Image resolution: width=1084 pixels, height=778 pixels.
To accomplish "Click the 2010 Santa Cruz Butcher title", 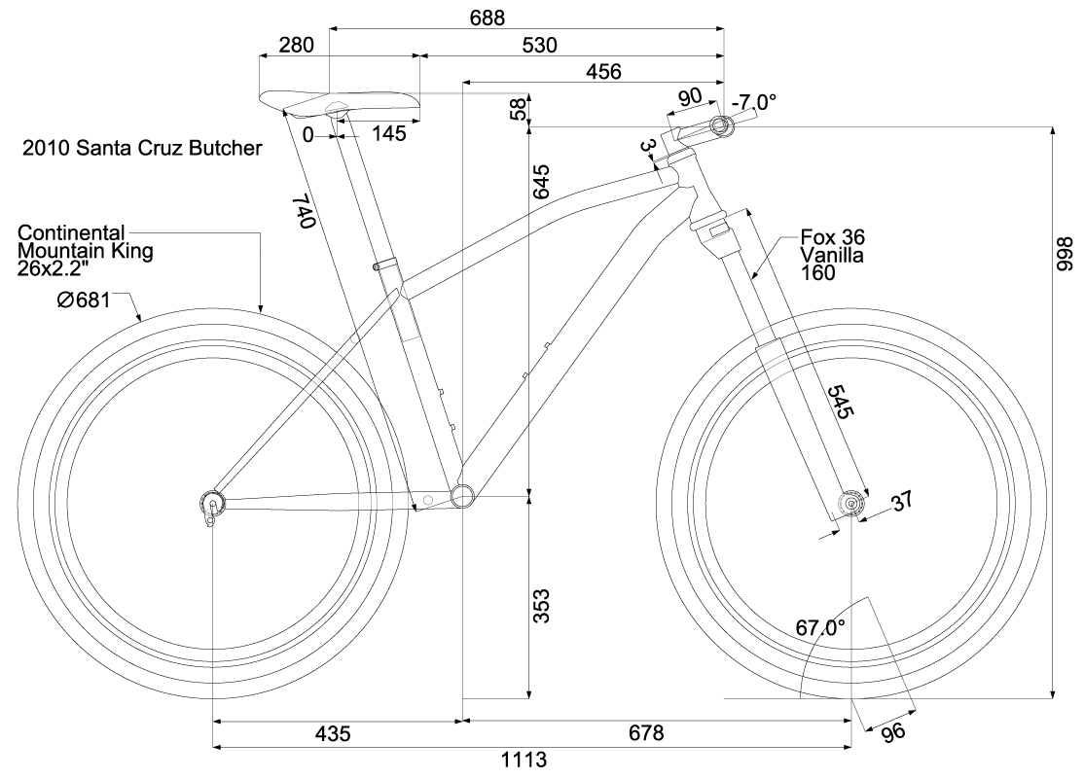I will click(x=142, y=150).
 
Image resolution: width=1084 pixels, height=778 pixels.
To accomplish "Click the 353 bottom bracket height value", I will click(x=542, y=606).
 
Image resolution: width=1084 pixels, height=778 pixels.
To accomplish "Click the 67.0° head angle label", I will click(x=821, y=628).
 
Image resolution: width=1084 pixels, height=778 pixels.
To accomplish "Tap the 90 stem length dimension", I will click(x=690, y=97).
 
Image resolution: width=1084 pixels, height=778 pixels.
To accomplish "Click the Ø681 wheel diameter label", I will click(x=85, y=301).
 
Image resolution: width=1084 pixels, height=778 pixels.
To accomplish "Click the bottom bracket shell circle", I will click(x=462, y=496).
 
